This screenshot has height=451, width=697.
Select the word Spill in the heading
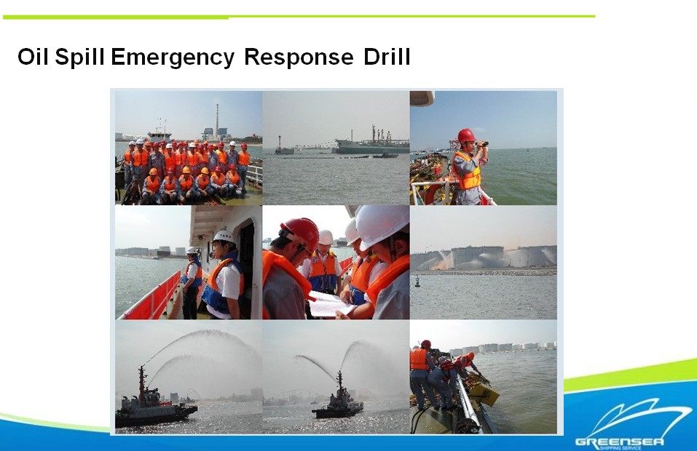click(x=80, y=57)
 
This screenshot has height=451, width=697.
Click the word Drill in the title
click(x=387, y=57)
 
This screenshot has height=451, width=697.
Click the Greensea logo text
click(x=619, y=442)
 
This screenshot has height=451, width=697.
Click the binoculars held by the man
click(x=481, y=143)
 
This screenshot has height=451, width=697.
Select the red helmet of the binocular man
click(x=466, y=135)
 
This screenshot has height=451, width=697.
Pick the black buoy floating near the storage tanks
click(x=417, y=281)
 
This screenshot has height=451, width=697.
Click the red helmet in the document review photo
click(x=299, y=233)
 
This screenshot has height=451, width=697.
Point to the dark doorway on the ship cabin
click(x=247, y=266)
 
